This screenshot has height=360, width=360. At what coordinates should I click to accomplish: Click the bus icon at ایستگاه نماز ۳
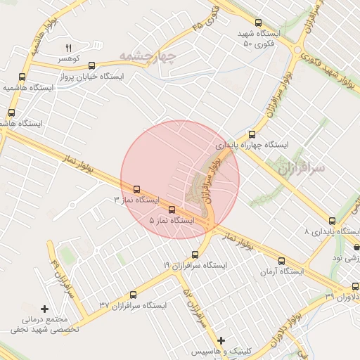136,189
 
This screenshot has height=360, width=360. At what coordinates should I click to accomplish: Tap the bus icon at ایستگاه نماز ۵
172,209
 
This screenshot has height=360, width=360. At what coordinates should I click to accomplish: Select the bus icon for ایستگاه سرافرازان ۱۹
195,255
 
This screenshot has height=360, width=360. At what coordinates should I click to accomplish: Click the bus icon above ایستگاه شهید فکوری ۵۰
258,23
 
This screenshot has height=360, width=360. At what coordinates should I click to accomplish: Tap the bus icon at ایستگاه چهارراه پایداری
251,134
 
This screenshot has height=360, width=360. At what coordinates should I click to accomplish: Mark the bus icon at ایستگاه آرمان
282,260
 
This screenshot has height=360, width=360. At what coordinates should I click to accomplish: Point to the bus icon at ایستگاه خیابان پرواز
62,75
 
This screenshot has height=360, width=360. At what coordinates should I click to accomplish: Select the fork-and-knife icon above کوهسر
68,48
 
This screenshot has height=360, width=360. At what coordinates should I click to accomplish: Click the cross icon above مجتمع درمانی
45,309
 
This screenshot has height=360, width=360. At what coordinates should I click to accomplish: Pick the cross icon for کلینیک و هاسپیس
221,340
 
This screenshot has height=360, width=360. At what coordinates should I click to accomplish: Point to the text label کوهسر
70,59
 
